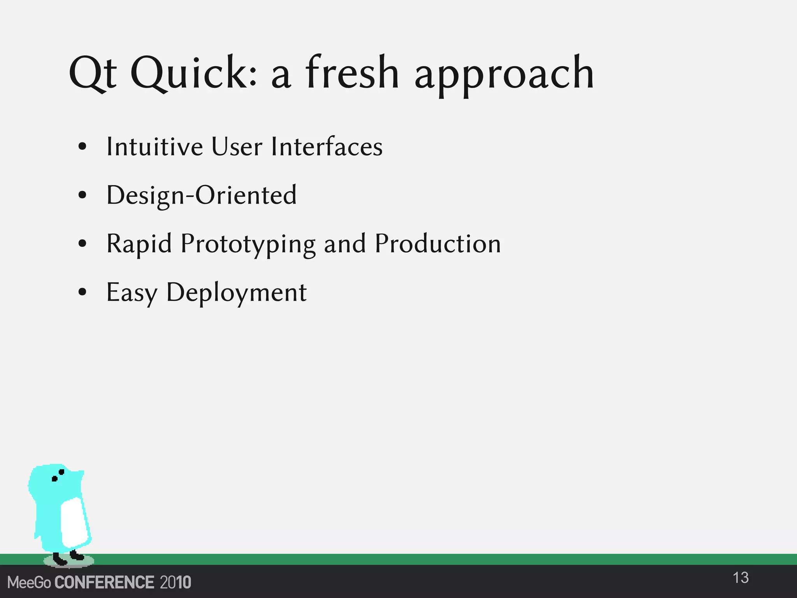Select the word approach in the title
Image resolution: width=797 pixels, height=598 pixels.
coord(504,76)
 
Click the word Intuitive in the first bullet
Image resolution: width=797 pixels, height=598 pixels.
coord(154,147)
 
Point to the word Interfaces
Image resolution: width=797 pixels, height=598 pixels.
coord(327,147)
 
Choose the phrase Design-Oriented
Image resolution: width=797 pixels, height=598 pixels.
coord(201,195)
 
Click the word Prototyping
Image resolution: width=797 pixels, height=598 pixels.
coord(248,244)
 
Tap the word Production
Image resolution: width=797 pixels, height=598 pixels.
coord(437,244)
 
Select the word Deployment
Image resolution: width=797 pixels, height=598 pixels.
coord(236,293)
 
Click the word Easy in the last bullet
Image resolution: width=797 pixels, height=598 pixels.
coord(132,293)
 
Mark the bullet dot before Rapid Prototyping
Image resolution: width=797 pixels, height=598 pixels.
coord(82,244)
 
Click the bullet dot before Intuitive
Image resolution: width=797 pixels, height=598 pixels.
coord(82,147)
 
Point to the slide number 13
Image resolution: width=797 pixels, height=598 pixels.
coord(740,578)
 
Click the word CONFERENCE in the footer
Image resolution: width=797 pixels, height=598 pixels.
coord(104,582)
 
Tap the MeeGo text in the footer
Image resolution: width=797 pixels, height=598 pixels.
coord(29,583)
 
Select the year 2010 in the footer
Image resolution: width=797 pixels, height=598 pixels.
coord(176,582)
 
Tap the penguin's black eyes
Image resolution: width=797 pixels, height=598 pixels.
coord(58,475)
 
